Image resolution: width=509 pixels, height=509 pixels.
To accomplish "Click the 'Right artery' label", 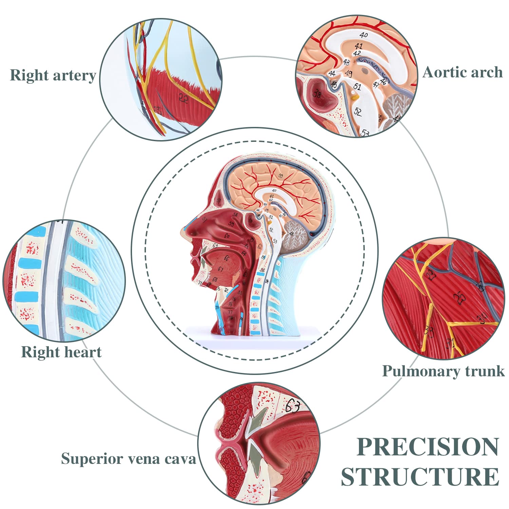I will point(53,75).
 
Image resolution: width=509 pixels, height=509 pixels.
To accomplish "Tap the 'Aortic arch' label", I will point(462,72).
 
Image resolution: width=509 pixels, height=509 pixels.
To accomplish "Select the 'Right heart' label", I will point(61,352).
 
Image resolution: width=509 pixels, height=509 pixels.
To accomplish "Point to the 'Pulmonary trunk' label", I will point(443,371).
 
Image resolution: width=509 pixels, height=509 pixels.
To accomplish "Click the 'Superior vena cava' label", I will point(129,459).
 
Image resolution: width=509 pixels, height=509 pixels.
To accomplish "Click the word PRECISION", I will point(428,447).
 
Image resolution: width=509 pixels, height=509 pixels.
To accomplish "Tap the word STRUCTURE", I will point(420,477).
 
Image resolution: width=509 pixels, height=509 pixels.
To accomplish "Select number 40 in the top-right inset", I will point(363,35).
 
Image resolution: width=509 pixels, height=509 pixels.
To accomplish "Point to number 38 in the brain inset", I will point(317,93).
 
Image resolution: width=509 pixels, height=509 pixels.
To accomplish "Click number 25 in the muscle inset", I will point(460,298).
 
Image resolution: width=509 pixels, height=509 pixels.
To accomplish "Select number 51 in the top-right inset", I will point(357,87).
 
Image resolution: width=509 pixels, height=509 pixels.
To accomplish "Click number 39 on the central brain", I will point(280,176).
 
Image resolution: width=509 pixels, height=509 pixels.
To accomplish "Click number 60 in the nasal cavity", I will point(227,235).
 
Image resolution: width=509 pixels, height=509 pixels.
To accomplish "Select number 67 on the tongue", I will point(221,269).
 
